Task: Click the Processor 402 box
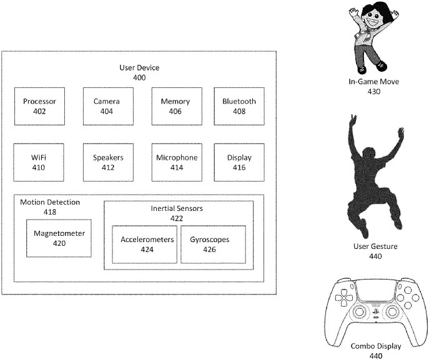tap(40, 106)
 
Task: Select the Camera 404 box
tap(109, 106)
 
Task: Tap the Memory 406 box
tap(177, 106)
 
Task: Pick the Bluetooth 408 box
tap(239, 106)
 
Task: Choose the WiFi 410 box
tap(39, 162)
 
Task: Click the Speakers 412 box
tap(109, 162)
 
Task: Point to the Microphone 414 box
tap(177, 162)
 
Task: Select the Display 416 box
tap(239, 162)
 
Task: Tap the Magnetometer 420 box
tap(59, 238)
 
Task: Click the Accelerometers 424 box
tap(145, 245)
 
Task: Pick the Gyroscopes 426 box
tap(214, 245)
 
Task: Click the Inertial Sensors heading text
tap(177, 208)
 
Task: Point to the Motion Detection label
tap(50, 202)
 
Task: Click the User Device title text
tap(139, 68)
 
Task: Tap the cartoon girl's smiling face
tap(373, 20)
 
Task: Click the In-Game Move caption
tap(373, 82)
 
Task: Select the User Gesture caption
tap(375, 246)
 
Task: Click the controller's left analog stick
tap(359, 311)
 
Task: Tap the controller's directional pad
tap(342, 298)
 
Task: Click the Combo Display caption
tap(376, 346)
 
